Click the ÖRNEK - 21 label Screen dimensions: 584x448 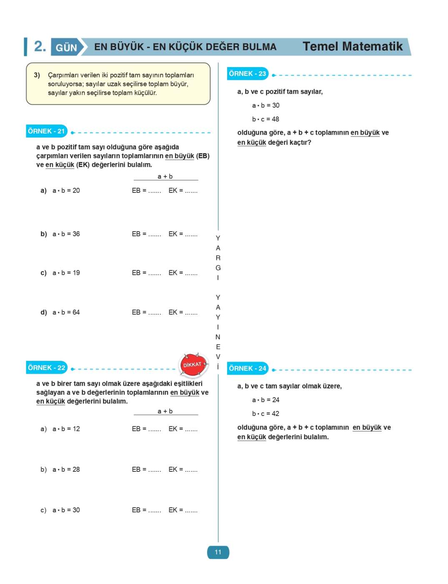click(46, 131)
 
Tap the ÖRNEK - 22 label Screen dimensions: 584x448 click(46, 368)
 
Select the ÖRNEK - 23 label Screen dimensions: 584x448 click(248, 74)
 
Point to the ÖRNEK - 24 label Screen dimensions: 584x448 click(248, 369)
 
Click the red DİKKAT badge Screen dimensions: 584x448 click(193, 365)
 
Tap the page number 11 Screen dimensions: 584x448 click(218, 552)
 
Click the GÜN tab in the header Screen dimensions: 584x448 click(67, 48)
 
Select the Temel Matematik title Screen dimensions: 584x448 click(353, 46)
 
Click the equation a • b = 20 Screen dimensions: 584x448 click(66, 191)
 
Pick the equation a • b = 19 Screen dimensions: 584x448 click(66, 273)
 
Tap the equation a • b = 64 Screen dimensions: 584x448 click(66, 312)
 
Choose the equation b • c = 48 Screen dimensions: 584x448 click(265, 119)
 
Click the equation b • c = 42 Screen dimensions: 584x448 click(265, 414)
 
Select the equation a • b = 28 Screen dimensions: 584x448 click(66, 470)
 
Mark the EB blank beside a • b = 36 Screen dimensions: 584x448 click(147, 234)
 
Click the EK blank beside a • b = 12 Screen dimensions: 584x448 click(183, 429)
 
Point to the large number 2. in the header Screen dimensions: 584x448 click(40, 46)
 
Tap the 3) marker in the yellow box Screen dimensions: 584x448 click(37, 75)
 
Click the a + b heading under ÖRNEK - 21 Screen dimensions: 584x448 click(165, 176)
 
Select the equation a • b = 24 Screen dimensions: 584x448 click(265, 400)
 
